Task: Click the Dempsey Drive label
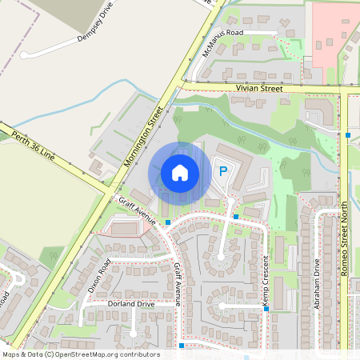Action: click(96, 27)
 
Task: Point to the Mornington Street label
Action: click(144, 137)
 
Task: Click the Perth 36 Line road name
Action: click(33, 144)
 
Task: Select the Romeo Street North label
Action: click(346, 239)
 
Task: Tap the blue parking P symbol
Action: click(224, 170)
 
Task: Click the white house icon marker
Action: click(180, 172)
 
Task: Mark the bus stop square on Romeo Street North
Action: click(348, 134)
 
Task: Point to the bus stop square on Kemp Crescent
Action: click(265, 307)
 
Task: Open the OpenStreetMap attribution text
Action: click(80, 354)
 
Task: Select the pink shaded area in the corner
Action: click(332, 32)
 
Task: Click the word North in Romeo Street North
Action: click(346, 218)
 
